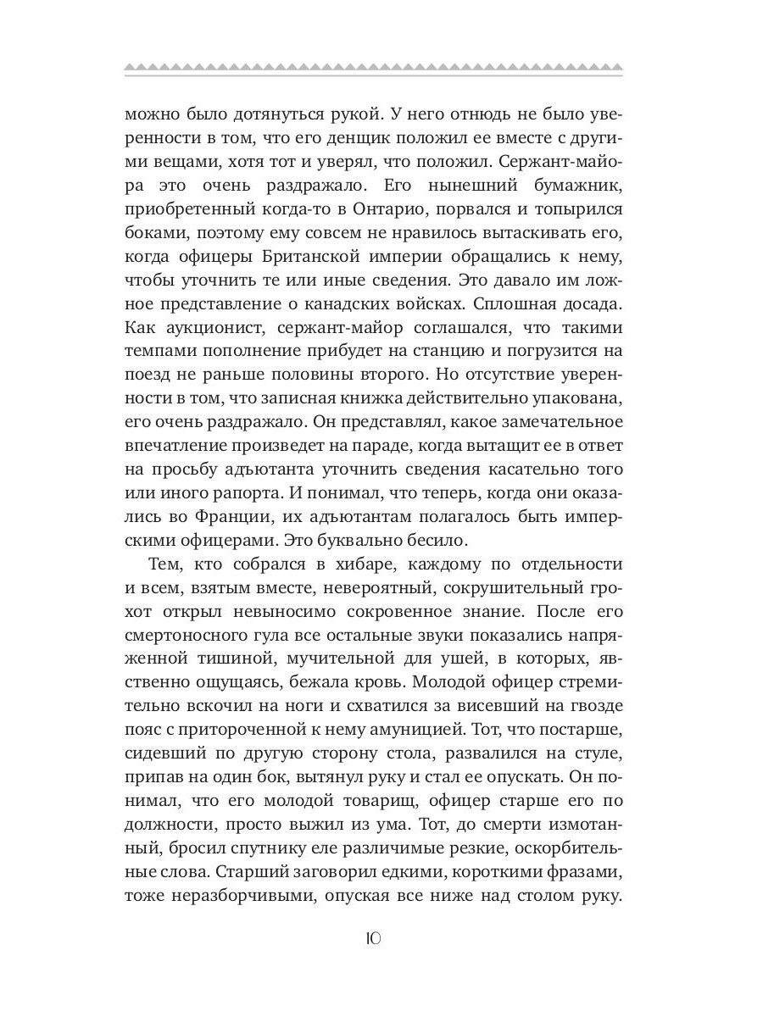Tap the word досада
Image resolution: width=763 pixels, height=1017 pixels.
tap(596, 303)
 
